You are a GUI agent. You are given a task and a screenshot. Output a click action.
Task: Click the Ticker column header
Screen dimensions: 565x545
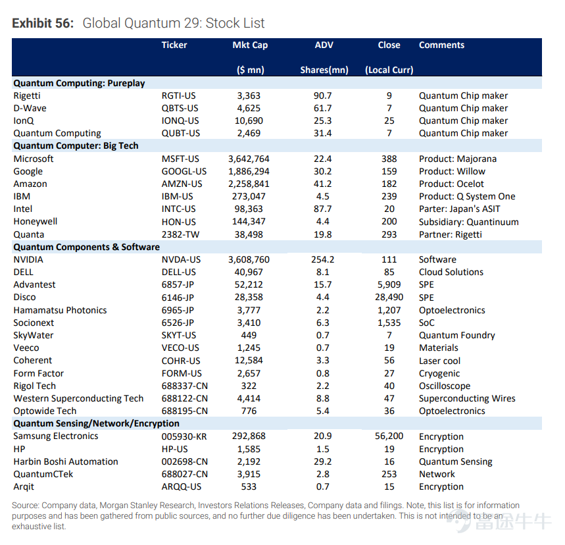(x=174, y=45)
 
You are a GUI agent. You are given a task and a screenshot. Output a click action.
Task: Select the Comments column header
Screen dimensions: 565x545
(x=441, y=45)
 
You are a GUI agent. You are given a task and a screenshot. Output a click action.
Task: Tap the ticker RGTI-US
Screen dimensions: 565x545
(x=178, y=95)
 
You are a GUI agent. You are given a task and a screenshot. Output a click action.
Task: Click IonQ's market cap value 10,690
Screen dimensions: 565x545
(x=249, y=120)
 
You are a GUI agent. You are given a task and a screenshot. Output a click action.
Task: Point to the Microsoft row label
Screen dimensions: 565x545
(x=34, y=159)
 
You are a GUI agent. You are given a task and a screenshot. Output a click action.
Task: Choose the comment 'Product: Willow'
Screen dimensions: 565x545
(x=452, y=171)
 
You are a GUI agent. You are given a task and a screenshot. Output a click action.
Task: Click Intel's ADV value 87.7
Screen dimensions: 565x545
(x=322, y=209)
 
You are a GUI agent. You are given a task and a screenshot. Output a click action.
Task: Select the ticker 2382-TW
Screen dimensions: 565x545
(x=180, y=234)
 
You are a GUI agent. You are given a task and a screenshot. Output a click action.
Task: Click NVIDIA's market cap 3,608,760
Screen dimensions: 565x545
(x=249, y=259)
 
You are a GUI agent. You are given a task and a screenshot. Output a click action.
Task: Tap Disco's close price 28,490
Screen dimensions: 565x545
(x=389, y=298)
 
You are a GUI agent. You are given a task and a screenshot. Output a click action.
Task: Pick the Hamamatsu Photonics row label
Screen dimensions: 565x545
(x=60, y=310)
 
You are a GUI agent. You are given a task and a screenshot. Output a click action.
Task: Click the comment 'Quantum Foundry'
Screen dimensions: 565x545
(x=457, y=336)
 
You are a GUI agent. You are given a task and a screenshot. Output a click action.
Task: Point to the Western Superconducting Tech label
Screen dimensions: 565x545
(x=78, y=398)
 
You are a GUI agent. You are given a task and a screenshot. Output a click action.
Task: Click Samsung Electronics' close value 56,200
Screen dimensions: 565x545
(x=389, y=436)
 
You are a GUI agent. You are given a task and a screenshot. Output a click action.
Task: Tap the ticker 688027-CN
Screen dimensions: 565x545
(x=184, y=474)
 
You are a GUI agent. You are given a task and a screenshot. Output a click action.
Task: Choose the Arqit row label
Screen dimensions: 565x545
(x=24, y=487)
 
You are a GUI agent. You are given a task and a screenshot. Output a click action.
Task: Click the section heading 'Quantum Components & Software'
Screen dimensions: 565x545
(x=86, y=247)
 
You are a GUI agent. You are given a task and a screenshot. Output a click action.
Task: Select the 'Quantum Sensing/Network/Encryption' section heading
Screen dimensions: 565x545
(x=96, y=423)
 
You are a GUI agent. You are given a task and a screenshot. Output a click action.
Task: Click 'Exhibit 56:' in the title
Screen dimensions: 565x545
(x=43, y=23)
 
